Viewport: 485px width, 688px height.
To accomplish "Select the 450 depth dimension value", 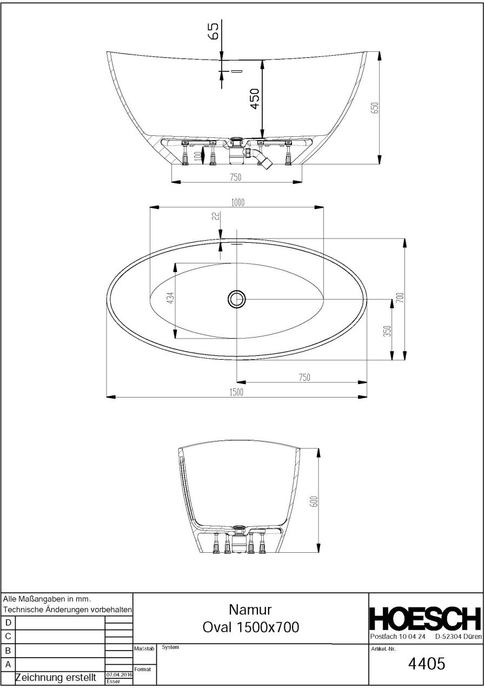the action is click(x=255, y=98).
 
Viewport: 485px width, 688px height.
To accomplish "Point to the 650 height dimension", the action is click(x=375, y=108).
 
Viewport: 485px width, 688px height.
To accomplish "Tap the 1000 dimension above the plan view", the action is click(x=238, y=202).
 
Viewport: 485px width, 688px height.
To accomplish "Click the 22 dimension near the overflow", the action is click(x=216, y=216).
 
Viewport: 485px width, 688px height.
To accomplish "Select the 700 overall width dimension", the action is click(x=401, y=297).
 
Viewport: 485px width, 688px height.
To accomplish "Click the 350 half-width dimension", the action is click(x=387, y=331).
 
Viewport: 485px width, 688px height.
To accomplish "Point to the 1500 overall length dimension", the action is click(x=236, y=392).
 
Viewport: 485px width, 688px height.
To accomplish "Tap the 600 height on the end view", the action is click(x=315, y=502).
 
